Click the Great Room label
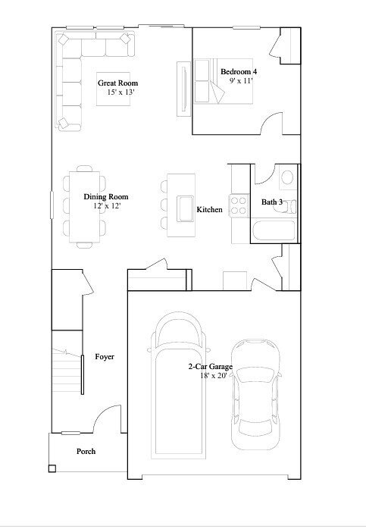118,83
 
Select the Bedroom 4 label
239,71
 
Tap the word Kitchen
209,209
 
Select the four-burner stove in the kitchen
239,205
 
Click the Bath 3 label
272,202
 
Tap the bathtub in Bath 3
272,230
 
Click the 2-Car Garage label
211,367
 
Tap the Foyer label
105,356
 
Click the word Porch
86,452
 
